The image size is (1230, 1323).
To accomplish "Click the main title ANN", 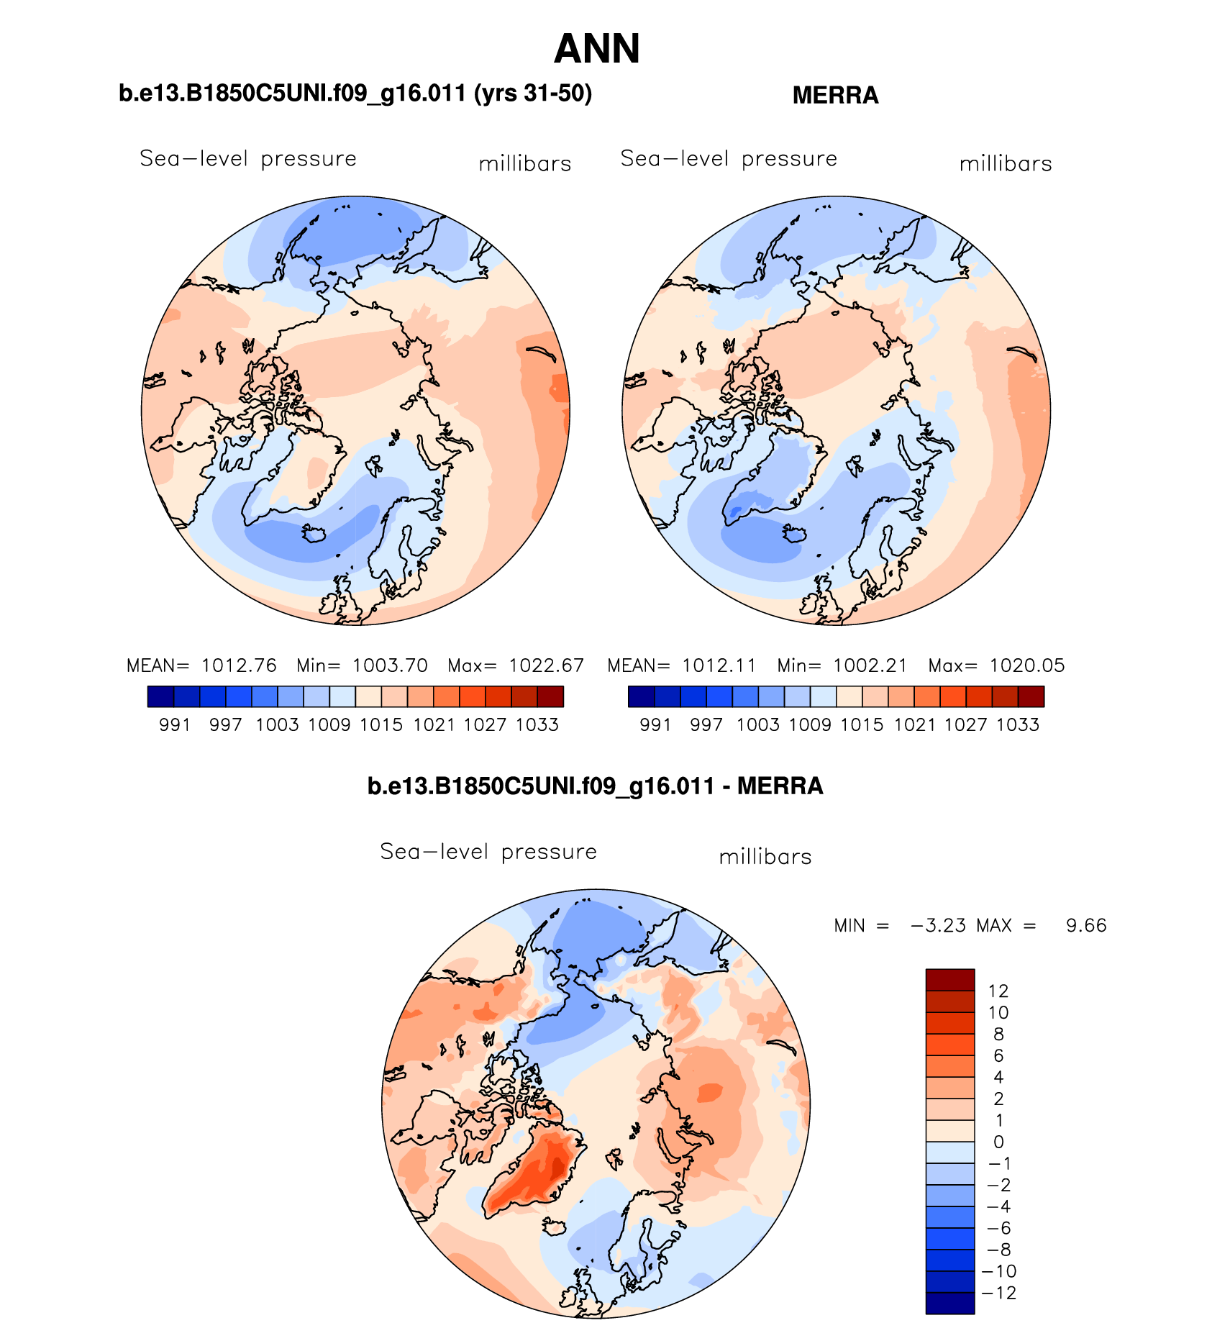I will (596, 49).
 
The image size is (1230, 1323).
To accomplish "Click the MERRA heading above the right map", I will (835, 95).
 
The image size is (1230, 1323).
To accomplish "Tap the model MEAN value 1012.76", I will (239, 665).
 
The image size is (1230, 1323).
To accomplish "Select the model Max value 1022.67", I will (546, 665).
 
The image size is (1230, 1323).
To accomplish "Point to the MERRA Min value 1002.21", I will (870, 665).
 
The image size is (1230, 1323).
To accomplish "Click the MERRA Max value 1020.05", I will (1026, 665).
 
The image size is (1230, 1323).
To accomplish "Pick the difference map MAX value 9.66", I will (1086, 925).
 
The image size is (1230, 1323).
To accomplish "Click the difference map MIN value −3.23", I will (938, 925).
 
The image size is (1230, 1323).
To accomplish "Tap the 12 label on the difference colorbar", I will (998, 991).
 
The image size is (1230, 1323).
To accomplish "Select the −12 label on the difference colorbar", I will (998, 1293).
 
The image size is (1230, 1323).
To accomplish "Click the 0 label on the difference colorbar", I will (998, 1142).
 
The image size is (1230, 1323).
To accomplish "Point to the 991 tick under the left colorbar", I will (175, 724).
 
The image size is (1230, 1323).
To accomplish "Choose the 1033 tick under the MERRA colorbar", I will (1018, 724).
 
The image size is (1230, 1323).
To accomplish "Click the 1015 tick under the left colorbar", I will (381, 724).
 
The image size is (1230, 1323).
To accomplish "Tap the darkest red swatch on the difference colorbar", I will (949, 980).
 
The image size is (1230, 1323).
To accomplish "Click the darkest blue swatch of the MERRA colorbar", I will (641, 696).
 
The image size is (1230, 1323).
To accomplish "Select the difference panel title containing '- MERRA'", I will (595, 786).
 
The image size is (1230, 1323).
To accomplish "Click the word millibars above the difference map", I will (765, 857).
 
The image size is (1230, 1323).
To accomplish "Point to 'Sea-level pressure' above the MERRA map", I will (729, 158).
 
